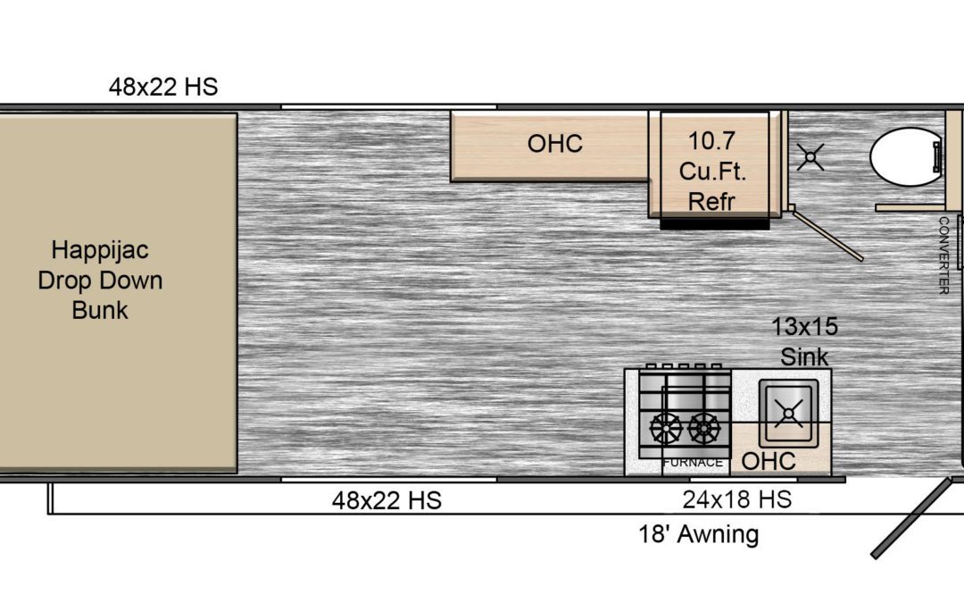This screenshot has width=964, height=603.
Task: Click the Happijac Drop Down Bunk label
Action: [100, 280]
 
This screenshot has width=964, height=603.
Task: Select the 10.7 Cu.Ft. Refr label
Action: [712, 171]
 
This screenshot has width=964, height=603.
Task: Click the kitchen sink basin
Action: [789, 413]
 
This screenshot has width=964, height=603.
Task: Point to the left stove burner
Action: [667, 428]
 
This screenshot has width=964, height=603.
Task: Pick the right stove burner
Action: [704, 428]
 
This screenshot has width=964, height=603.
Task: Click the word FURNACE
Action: [693, 462]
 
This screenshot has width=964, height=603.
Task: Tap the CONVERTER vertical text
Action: [943, 255]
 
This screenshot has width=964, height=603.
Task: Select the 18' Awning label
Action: [698, 534]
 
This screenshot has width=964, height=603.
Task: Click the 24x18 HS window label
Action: [737, 499]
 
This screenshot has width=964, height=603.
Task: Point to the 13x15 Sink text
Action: [805, 341]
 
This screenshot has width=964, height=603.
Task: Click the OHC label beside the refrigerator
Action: [555, 143]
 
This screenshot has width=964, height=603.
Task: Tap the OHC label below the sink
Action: [769, 461]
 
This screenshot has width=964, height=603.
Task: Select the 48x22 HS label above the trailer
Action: [163, 87]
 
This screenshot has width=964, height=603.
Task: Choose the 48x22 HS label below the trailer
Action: [386, 500]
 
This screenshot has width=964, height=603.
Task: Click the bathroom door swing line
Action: [827, 236]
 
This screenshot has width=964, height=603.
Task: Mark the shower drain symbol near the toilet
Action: [810, 157]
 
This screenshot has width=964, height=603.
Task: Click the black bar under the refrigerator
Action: [714, 224]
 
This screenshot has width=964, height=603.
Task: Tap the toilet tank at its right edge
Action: [937, 157]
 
